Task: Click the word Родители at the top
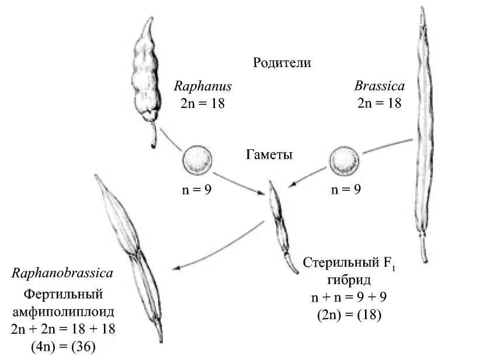coord(281,62)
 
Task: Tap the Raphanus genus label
coord(203,86)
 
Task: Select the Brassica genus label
coord(379,86)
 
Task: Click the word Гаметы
coord(269,155)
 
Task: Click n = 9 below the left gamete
coord(197,189)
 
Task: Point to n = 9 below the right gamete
coord(346,189)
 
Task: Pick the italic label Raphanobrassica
coord(62,272)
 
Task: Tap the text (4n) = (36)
coord(62,347)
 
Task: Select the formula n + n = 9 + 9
coord(349,298)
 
